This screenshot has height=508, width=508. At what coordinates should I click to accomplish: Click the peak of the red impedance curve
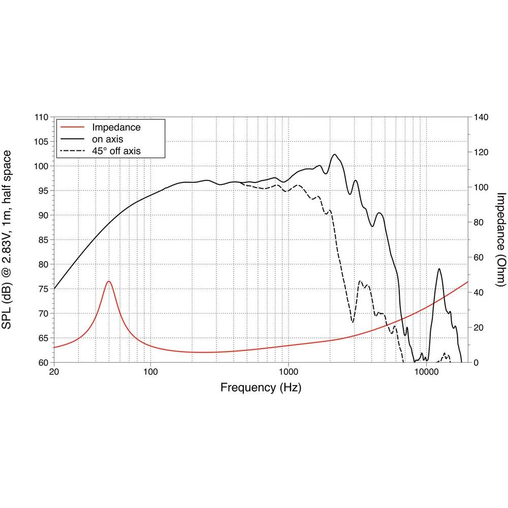108,281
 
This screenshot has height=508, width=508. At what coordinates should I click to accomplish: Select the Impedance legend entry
116,127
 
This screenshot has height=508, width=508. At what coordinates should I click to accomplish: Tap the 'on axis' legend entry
107,139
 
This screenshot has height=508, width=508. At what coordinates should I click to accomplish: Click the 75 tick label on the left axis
44,289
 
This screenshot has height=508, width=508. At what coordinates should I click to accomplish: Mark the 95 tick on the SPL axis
44,191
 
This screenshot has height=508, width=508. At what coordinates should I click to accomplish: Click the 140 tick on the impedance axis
480,117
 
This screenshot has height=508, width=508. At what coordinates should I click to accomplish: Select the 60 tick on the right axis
478,258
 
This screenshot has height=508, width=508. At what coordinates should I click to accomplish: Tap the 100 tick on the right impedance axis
480,187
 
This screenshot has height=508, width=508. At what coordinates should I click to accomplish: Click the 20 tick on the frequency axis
54,371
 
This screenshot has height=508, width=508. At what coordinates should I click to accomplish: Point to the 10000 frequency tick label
426,371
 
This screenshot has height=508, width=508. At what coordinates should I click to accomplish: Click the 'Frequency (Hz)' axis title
261,388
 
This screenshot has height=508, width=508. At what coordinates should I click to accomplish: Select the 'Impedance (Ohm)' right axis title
501,240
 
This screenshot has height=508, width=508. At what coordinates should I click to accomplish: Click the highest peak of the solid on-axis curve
334,154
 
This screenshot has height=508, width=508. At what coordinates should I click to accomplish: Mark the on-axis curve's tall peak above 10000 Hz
439,269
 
